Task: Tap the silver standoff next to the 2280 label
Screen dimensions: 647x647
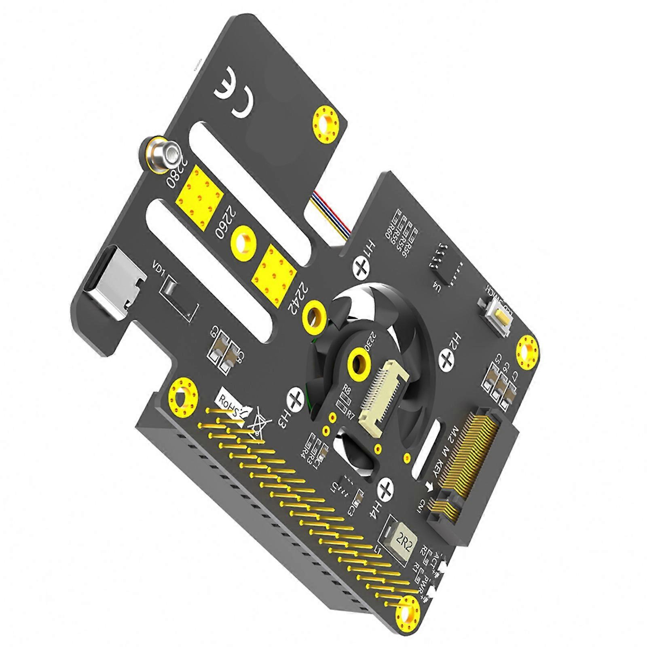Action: tap(162, 153)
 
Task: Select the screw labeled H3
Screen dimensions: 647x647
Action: tap(296, 398)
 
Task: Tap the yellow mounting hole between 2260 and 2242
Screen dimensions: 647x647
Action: tap(243, 245)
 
